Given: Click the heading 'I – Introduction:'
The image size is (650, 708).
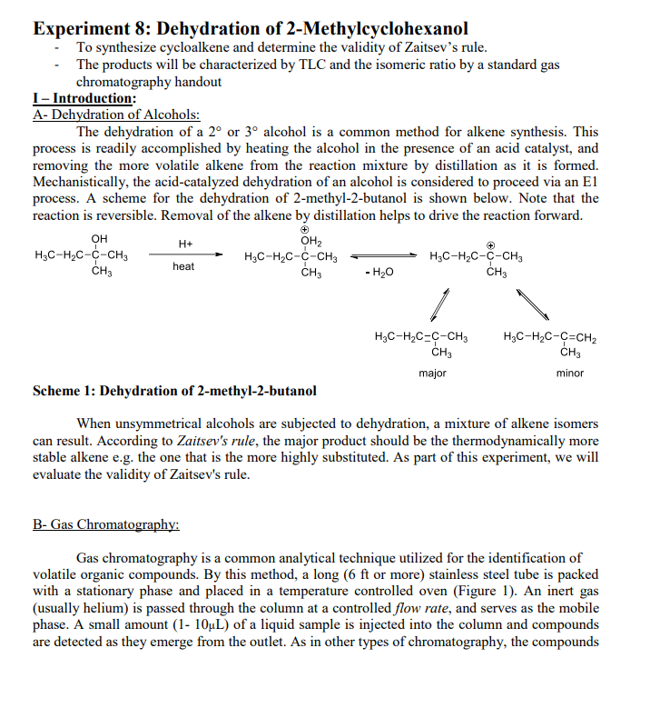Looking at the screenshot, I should pos(84,98).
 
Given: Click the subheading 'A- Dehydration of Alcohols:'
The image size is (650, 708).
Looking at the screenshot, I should pos(116,115).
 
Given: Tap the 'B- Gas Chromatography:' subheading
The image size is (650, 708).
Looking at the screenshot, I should pos(105,524).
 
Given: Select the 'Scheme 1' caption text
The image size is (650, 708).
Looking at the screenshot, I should pos(174,392).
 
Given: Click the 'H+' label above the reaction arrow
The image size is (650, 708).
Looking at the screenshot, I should pos(184,244).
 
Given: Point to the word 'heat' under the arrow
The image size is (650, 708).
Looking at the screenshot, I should pos(184,267).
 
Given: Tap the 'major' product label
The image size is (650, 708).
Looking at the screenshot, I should pos(433,374).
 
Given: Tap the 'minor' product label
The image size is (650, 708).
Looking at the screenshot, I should pos(570,374).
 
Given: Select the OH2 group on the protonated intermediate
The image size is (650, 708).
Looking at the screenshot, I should pos(310,241).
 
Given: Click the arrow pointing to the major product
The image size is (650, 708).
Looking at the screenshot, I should pos(442,301).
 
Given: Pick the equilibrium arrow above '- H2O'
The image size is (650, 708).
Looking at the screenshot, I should pos(379,255).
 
